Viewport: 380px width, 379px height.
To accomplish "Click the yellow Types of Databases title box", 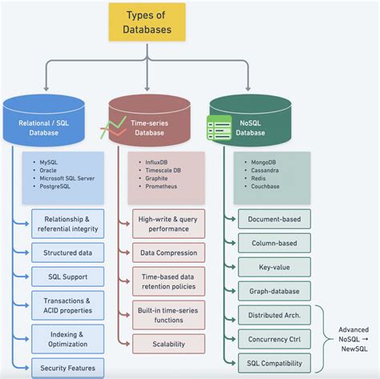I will (147, 22).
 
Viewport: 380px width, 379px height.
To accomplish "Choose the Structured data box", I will (67, 252).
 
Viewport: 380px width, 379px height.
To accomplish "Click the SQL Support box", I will (67, 276).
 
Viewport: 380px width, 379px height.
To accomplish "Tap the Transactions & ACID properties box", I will (67, 306).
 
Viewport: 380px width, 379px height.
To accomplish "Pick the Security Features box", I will (67, 369).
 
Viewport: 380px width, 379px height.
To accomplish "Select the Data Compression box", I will (169, 252).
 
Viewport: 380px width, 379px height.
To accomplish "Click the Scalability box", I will (169, 344).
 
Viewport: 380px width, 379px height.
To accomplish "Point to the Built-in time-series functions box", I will (169, 314).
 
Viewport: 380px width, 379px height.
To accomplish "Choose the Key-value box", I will (273, 267).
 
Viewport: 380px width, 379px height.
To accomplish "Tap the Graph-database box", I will (273, 292).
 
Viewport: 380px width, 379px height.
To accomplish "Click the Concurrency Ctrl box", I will (273, 339).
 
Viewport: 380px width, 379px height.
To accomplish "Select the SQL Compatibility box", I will (273, 362).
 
